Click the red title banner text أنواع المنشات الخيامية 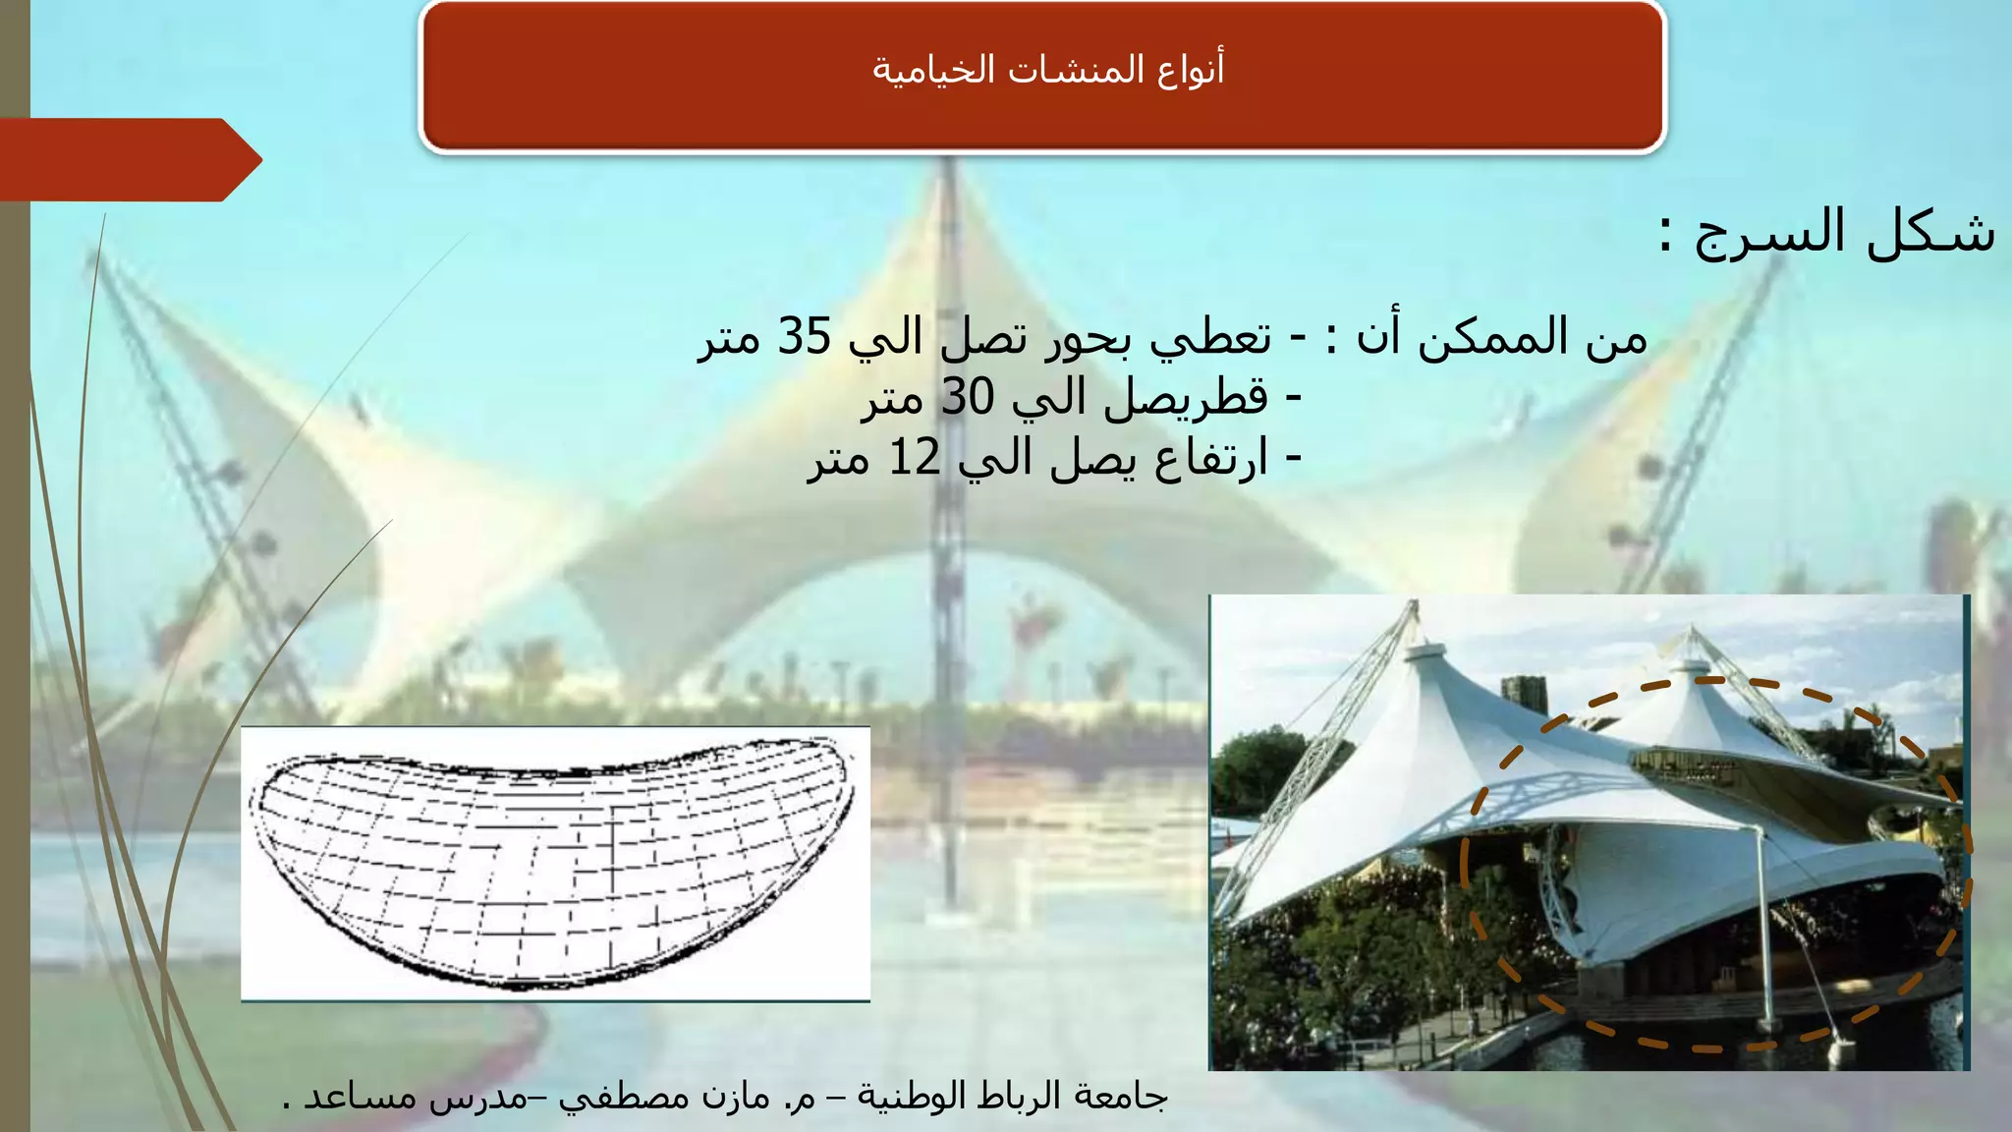click(x=1047, y=70)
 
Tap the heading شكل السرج click(x=1827, y=233)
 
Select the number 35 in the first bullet click(x=805, y=337)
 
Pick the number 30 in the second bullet click(x=968, y=398)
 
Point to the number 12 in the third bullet click(x=914, y=458)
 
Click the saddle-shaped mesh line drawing click(x=555, y=865)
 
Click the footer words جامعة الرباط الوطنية click(x=1012, y=1096)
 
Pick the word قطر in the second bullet click(x=1233, y=398)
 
